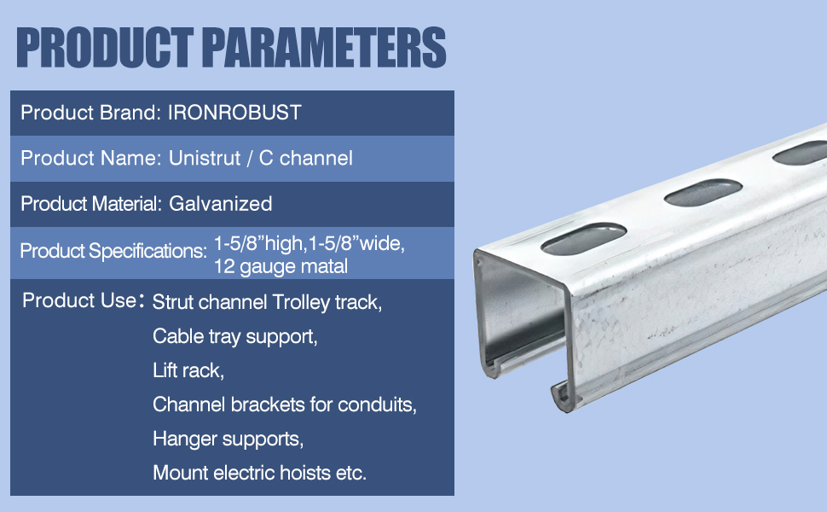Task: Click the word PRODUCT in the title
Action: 104,48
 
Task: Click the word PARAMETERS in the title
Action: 324,48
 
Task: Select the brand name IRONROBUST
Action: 234,113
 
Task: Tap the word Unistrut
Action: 205,159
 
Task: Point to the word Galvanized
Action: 221,204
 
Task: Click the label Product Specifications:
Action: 113,251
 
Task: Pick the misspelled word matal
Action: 322,266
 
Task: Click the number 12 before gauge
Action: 224,266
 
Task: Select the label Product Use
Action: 79,300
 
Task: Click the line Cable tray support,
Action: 235,337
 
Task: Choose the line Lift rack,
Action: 188,370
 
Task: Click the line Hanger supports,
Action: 228,439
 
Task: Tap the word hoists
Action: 305,473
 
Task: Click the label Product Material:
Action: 91,204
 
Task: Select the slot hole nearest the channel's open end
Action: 584,238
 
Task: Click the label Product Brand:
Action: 90,113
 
